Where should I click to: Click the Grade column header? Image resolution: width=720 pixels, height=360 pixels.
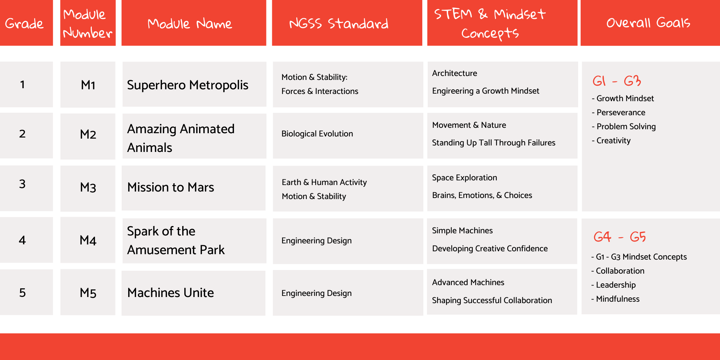click(24, 23)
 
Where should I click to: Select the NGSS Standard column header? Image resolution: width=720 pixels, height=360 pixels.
click(339, 23)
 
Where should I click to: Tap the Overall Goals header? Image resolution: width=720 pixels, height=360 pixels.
click(648, 23)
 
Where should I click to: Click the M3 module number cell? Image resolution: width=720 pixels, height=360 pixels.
click(88, 188)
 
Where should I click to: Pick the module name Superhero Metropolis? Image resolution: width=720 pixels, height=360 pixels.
click(188, 85)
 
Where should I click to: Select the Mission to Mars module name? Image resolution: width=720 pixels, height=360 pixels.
click(171, 188)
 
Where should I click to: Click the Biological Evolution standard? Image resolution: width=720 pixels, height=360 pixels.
click(317, 134)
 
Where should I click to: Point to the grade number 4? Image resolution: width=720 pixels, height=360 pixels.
click(22, 240)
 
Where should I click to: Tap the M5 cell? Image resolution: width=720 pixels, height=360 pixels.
click(88, 293)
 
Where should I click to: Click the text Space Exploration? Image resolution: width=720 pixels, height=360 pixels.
click(464, 177)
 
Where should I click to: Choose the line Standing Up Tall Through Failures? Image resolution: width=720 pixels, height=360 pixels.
click(494, 143)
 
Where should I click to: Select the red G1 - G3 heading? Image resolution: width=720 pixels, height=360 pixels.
click(617, 81)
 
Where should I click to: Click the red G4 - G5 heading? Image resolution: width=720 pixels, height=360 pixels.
click(620, 237)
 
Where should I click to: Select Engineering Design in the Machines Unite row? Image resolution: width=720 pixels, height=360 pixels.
click(316, 293)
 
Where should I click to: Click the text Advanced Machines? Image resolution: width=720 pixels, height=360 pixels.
click(468, 282)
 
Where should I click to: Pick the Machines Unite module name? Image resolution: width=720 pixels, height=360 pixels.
click(171, 293)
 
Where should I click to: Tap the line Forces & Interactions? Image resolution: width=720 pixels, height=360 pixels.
click(320, 91)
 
